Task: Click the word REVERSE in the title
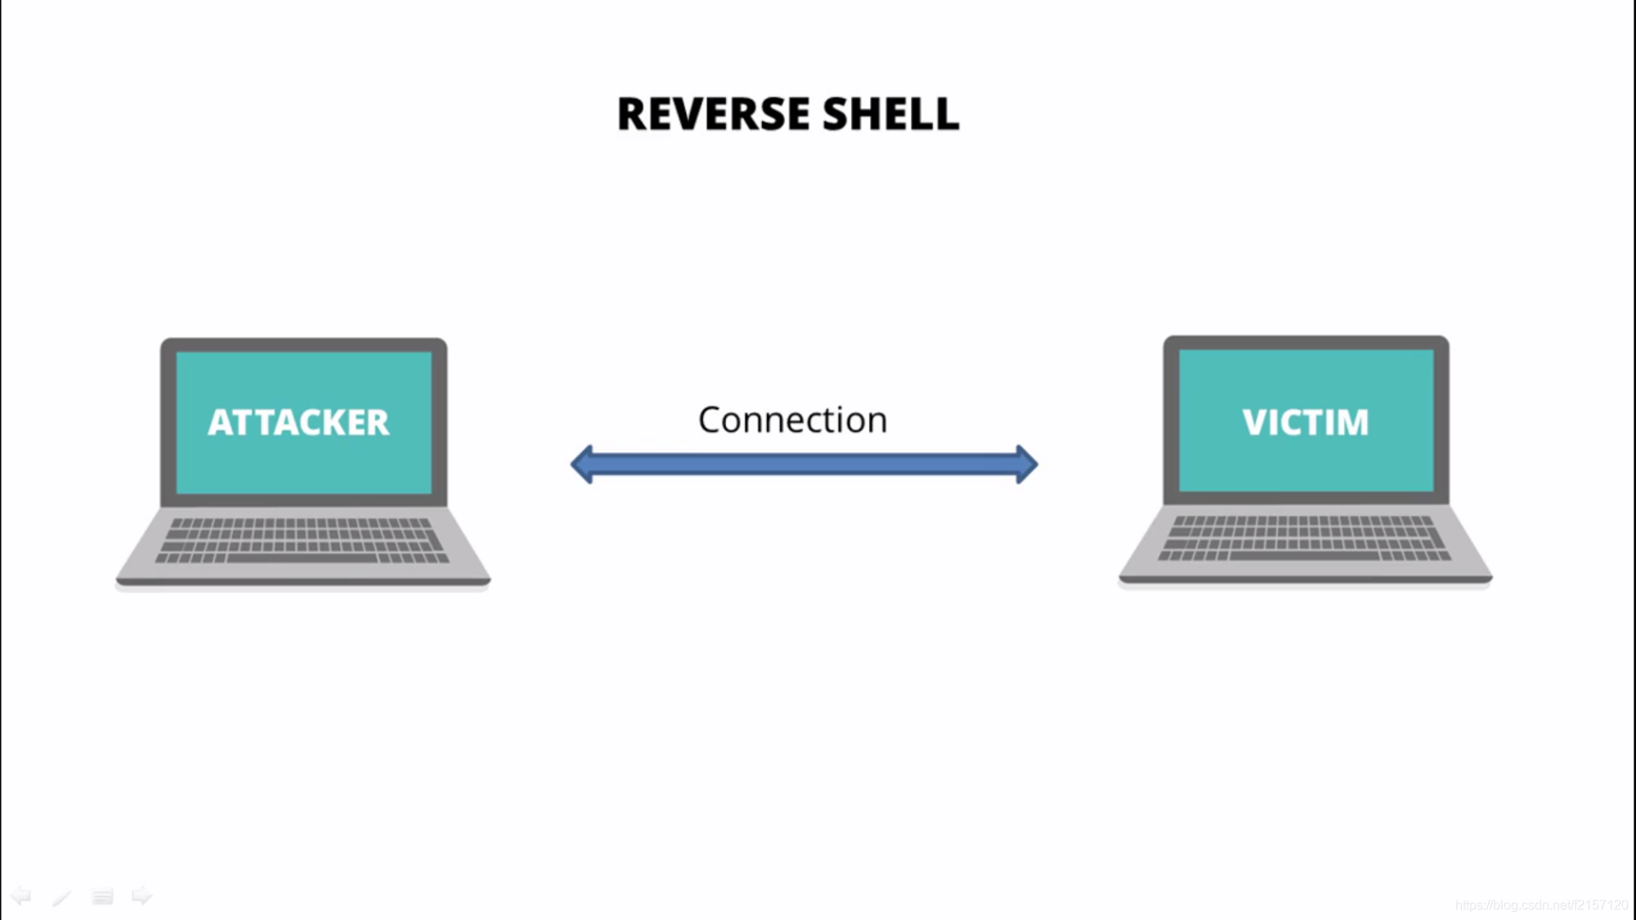click(x=713, y=114)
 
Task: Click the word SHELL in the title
click(x=890, y=114)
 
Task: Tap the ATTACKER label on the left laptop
click(x=298, y=423)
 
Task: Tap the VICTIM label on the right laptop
click(x=1305, y=423)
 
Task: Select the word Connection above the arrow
click(x=792, y=420)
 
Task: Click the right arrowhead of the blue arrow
click(x=1026, y=464)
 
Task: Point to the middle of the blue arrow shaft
click(x=805, y=464)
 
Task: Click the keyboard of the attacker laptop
click(x=303, y=540)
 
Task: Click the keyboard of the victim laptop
click(x=1305, y=537)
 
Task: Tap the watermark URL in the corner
click(x=1541, y=904)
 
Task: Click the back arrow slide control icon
click(x=21, y=896)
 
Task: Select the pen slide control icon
click(x=61, y=897)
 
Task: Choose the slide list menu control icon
click(x=102, y=897)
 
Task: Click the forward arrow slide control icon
click(x=141, y=896)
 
